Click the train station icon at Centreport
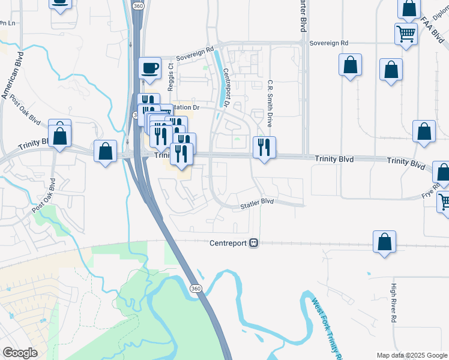pyautogui.click(x=254, y=243)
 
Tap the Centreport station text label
pyautogui.click(x=228, y=243)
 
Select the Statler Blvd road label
pyautogui.click(x=257, y=203)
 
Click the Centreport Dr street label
pyautogui.click(x=227, y=88)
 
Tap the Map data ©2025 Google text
pyautogui.click(x=412, y=355)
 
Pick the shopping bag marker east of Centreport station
pyautogui.click(x=384, y=242)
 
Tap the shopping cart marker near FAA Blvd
pyautogui.click(x=406, y=34)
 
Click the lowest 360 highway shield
pyautogui.click(x=196, y=289)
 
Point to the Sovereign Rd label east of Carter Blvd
pyautogui.click(x=328, y=43)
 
